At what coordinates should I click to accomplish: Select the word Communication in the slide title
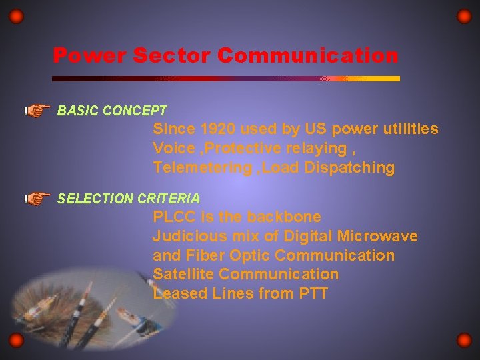[307, 55]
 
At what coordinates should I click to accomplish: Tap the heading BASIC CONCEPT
[112, 111]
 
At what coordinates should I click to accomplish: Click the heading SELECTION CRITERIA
[128, 199]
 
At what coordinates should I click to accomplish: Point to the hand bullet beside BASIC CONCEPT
[37, 110]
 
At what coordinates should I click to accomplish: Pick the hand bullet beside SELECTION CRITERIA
[37, 198]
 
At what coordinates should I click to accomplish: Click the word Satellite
[183, 274]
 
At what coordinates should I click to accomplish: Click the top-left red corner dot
[16, 16]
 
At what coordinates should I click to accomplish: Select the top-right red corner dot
[463, 16]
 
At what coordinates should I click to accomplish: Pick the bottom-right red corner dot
[463, 341]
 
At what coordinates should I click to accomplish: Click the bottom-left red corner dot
[16, 341]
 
